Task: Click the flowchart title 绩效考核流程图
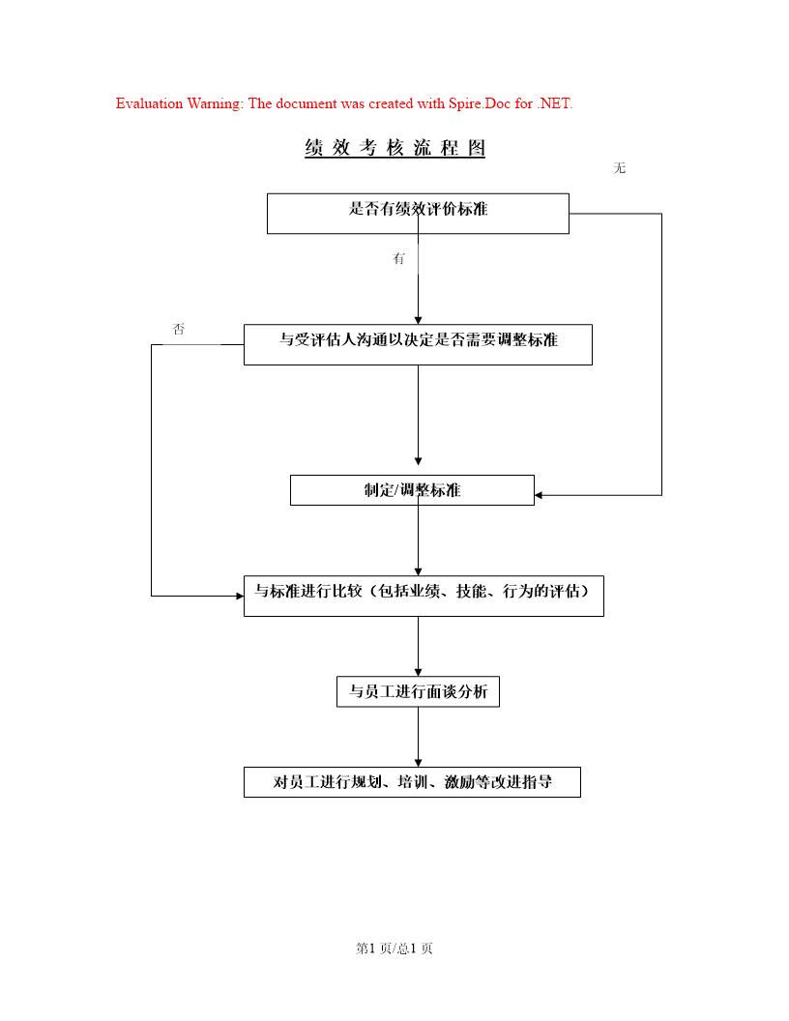[394, 148]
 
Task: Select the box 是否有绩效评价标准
[418, 213]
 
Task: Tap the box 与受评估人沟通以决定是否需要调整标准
[418, 344]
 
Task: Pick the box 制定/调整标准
[412, 490]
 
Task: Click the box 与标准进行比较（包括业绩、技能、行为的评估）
[424, 596]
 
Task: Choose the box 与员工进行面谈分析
[418, 692]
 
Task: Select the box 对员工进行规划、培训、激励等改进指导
[412, 782]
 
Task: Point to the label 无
[620, 168]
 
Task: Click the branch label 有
[398, 259]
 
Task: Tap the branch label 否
[179, 330]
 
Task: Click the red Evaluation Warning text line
[344, 103]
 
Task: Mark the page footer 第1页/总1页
[394, 948]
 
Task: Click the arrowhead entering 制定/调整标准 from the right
[540, 495]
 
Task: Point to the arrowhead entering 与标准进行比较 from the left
[239, 596]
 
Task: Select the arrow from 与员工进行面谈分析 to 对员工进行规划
[418, 737]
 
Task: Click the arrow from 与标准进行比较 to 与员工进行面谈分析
[418, 646]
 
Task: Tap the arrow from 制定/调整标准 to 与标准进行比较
[418, 540]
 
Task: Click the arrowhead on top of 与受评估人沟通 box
[418, 319]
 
